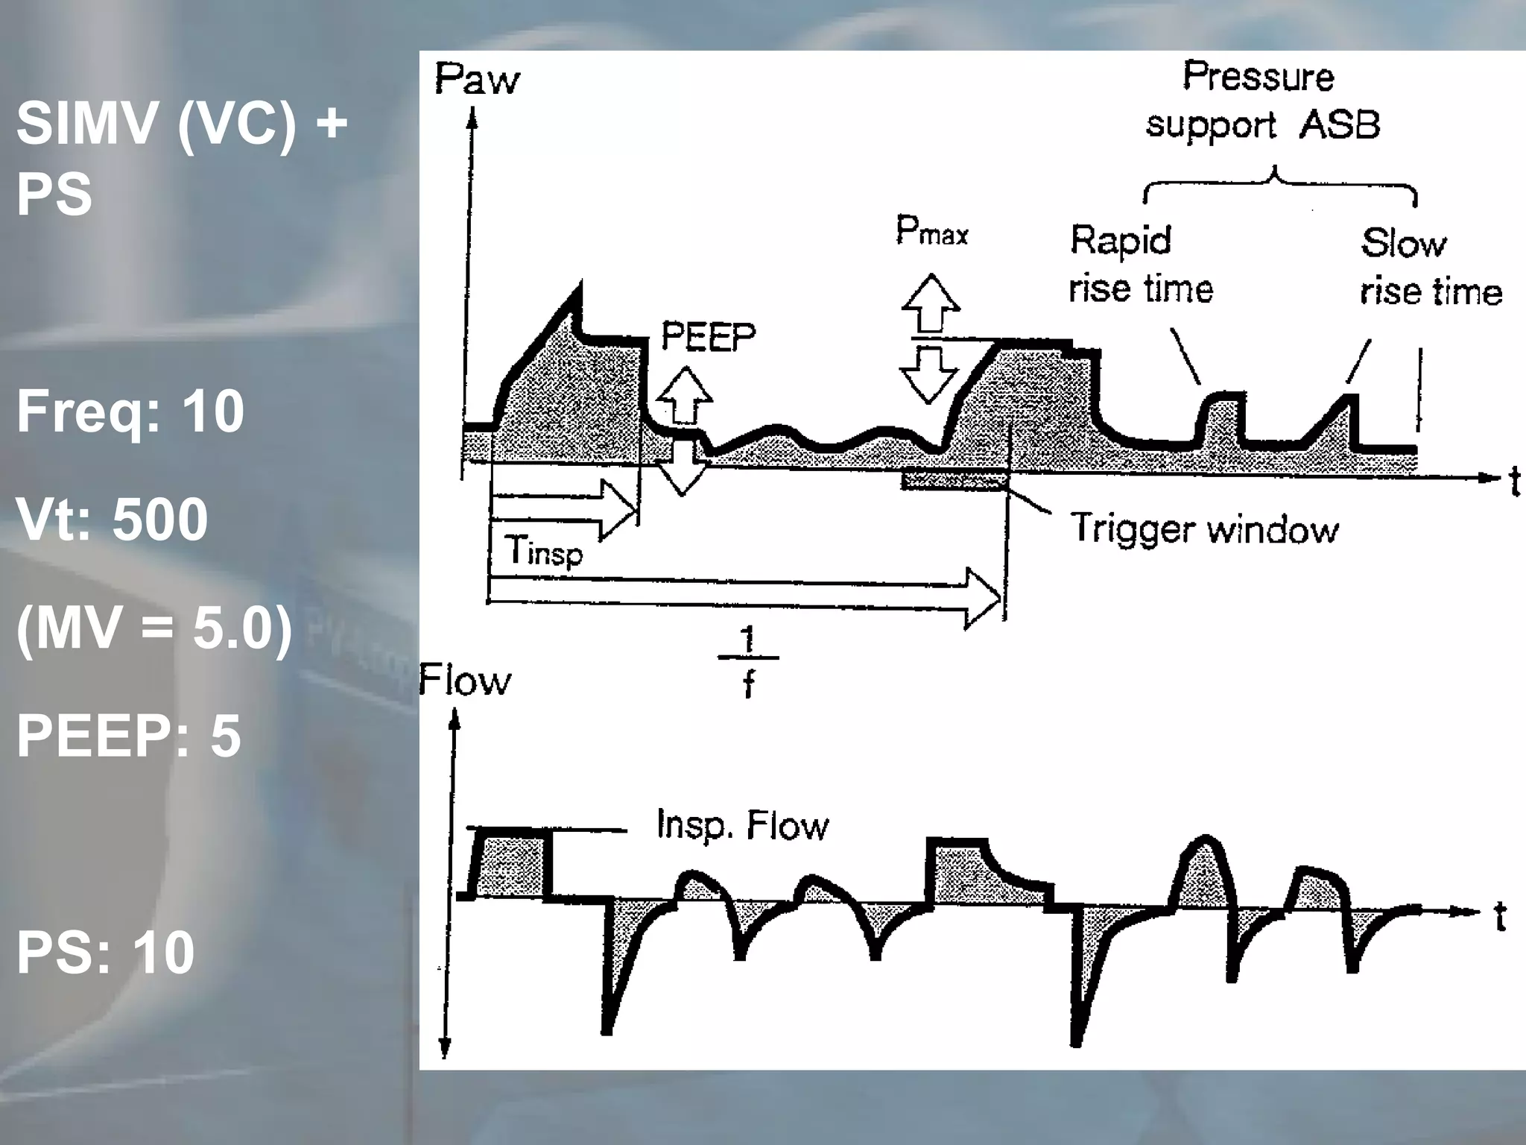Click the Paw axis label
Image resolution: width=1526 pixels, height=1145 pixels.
477,79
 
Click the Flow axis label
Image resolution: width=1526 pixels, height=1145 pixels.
466,680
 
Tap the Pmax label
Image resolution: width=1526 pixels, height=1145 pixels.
931,231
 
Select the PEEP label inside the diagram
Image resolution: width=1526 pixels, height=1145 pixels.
708,336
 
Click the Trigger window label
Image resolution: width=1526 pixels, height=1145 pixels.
1204,529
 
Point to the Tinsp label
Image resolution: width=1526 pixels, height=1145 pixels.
543,552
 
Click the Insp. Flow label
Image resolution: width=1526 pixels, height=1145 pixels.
742,825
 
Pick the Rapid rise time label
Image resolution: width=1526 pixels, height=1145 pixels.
1140,265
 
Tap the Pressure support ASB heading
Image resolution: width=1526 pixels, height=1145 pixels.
1262,101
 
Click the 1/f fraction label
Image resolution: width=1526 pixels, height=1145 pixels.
748,660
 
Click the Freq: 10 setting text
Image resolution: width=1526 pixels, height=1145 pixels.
130,411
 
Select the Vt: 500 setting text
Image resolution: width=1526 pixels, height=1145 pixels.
113,520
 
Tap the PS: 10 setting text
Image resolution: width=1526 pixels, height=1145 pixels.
106,952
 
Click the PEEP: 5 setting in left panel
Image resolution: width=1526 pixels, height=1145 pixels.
129,736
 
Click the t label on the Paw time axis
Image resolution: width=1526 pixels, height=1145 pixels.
1513,482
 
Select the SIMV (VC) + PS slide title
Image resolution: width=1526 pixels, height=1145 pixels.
182,158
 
